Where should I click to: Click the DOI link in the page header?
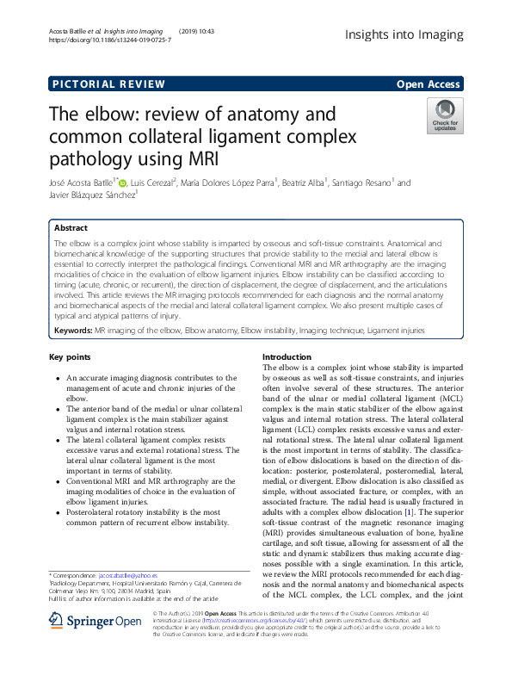tap(109, 40)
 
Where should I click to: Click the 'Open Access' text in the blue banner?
tap(428, 84)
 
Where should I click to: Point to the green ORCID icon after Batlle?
tap(122, 183)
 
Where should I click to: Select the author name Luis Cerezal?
tap(151, 183)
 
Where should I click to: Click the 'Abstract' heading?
tap(71, 228)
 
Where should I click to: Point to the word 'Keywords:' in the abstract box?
tap(73, 330)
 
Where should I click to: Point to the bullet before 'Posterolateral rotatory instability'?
tap(57, 511)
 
